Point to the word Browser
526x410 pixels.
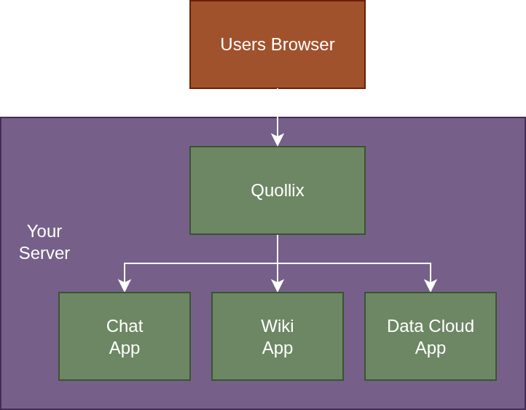click(x=302, y=45)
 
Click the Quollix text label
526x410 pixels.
click(x=277, y=190)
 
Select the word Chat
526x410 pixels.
click(x=125, y=326)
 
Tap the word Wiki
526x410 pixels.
click(x=277, y=326)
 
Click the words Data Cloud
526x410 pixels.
click(x=430, y=326)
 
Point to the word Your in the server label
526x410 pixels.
click(x=44, y=231)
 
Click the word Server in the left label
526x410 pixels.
click(x=44, y=253)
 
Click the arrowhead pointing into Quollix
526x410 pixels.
click(x=278, y=139)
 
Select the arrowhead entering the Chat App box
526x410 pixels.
click(x=125, y=285)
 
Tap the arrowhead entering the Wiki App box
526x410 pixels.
click(x=278, y=285)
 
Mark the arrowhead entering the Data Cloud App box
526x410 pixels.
click(x=431, y=285)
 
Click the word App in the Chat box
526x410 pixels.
click(x=125, y=348)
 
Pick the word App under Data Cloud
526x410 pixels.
click(x=430, y=348)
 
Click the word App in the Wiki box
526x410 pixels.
click(x=277, y=348)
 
